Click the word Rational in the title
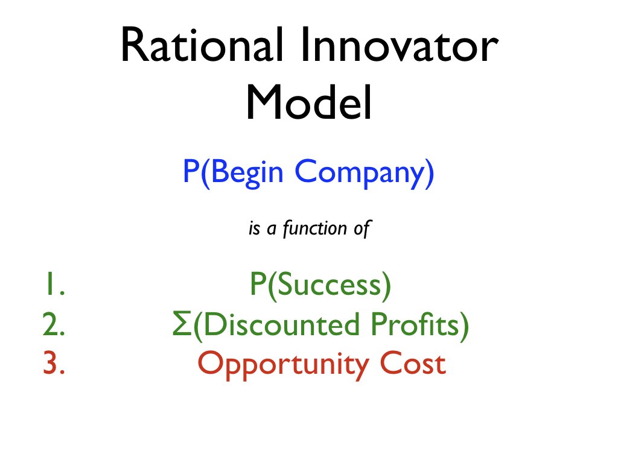pos(202,44)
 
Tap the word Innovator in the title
pos(400,44)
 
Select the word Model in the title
pos(309,101)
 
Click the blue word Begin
pos(247,172)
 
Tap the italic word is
pos(255,228)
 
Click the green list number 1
pos(54,284)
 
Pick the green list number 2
pos(54,324)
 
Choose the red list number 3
pos(54,363)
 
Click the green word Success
pos(329,284)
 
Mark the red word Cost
pos(413,363)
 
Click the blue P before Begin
pos(191,171)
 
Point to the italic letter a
pos(271,229)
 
